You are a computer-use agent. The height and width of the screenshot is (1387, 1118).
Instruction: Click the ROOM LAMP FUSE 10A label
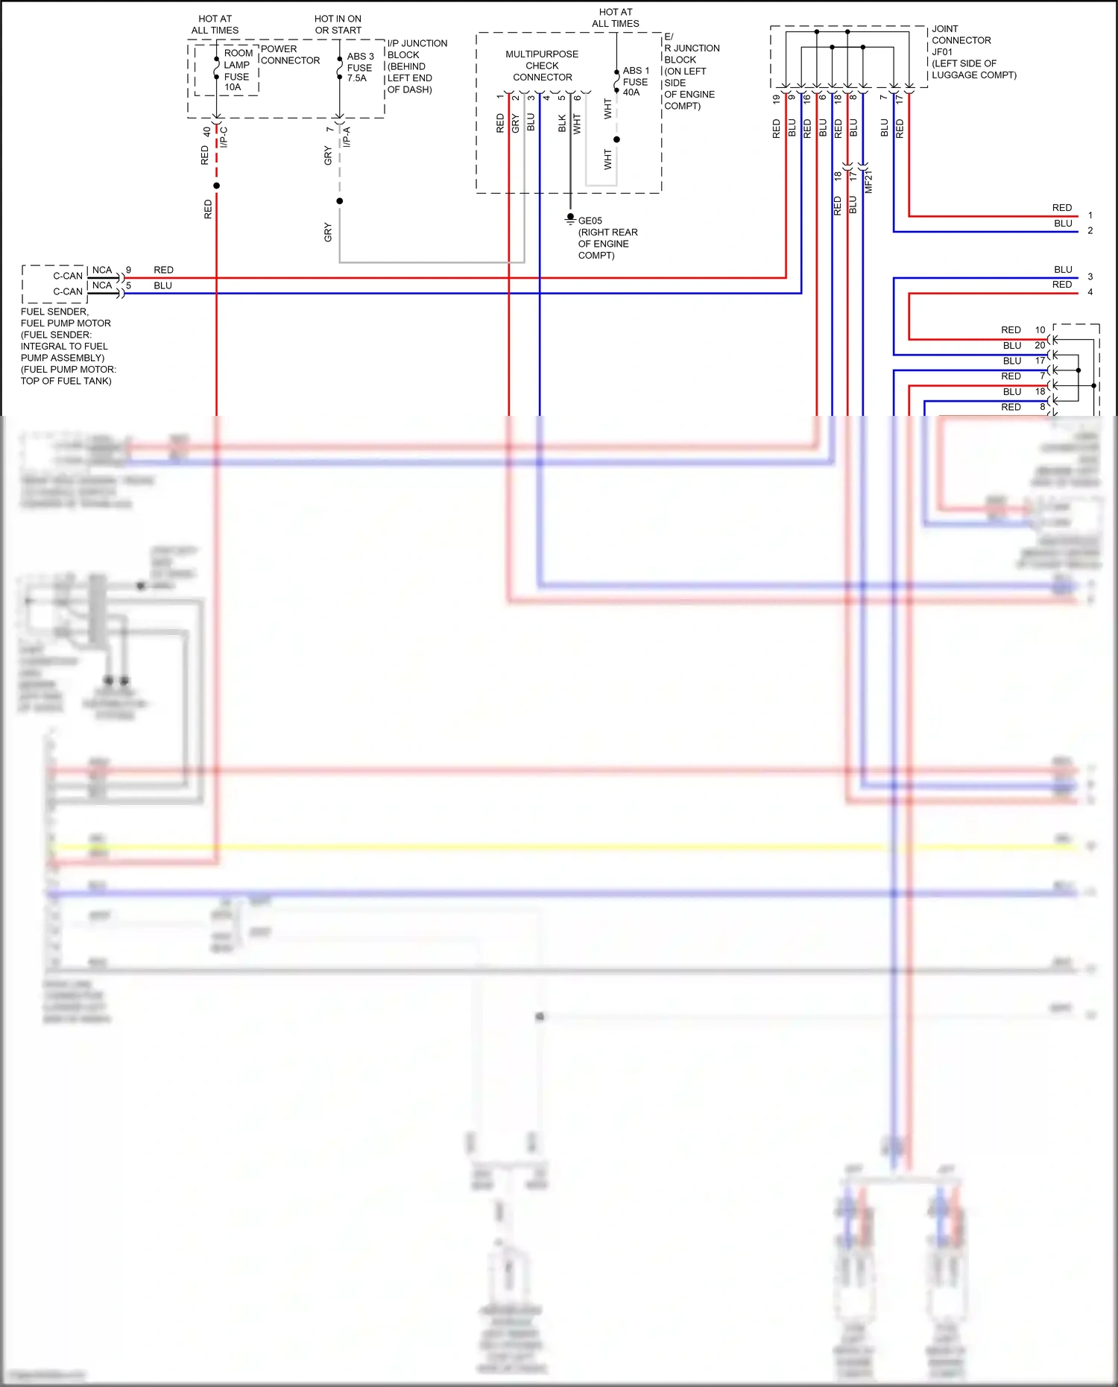pos(237,71)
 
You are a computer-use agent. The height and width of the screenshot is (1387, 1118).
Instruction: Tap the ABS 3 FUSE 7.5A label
pos(360,67)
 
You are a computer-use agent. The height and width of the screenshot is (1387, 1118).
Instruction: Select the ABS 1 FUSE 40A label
pos(636,81)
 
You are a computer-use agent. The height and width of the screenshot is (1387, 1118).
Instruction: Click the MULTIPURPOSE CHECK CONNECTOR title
pos(542,66)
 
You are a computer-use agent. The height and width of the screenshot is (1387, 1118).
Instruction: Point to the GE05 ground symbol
pos(570,218)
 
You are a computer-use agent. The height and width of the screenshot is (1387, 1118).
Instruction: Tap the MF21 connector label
pos(868,181)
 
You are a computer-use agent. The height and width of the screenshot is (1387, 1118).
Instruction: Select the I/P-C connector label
pos(224,136)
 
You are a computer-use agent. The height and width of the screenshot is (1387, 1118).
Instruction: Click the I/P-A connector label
pos(347,136)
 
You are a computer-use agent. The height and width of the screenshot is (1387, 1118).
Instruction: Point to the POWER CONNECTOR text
pos(290,54)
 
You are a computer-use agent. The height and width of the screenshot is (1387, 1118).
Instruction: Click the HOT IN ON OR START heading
pos(338,25)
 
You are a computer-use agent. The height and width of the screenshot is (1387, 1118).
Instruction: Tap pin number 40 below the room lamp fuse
pos(206,132)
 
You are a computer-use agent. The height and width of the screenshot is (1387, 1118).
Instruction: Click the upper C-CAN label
pos(68,276)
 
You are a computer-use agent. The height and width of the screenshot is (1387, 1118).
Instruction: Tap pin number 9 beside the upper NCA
pos(128,270)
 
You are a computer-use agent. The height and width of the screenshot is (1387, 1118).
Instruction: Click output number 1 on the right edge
pos(1090,215)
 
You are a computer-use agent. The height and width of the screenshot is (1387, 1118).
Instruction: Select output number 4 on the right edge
pos(1090,292)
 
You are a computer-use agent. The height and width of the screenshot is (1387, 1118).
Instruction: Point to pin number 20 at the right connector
pos(1040,345)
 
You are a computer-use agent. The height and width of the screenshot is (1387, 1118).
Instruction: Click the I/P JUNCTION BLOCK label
pos(417,66)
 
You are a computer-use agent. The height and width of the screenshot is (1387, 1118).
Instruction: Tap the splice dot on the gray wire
pos(340,201)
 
